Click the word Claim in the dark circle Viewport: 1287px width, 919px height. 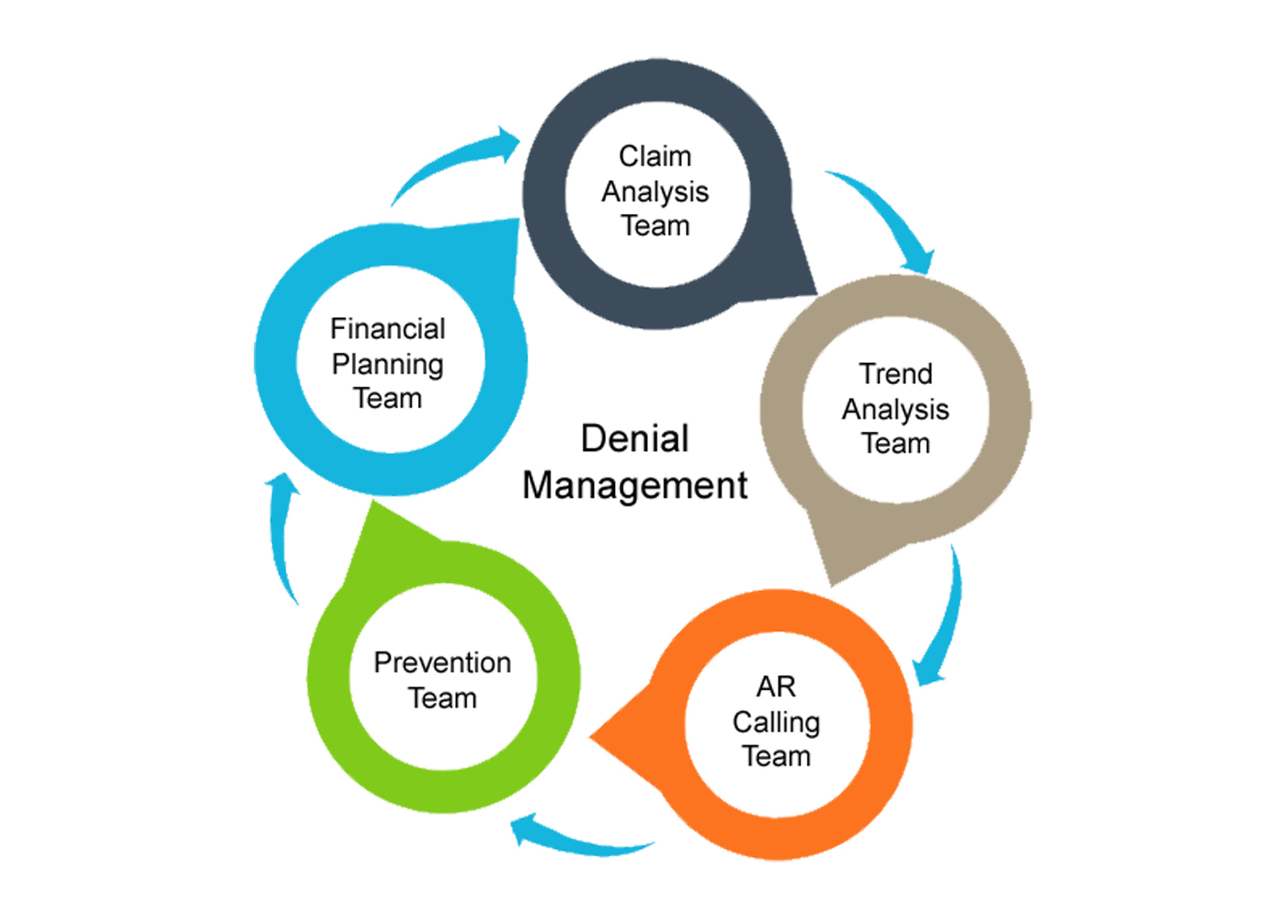[x=655, y=156]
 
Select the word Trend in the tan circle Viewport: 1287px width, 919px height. [x=895, y=374]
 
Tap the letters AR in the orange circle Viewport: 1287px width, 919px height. [x=776, y=686]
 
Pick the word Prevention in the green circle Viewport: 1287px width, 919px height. [x=442, y=663]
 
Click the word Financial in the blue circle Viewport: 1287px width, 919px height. [x=387, y=329]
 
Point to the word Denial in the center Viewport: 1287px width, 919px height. [x=634, y=438]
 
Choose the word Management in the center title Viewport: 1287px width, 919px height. [x=634, y=485]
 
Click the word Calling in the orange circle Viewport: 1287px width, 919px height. [x=776, y=722]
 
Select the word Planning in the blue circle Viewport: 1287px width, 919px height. [x=387, y=365]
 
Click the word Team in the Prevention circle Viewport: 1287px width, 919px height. [x=442, y=698]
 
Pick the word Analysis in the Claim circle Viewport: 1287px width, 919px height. [x=655, y=191]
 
